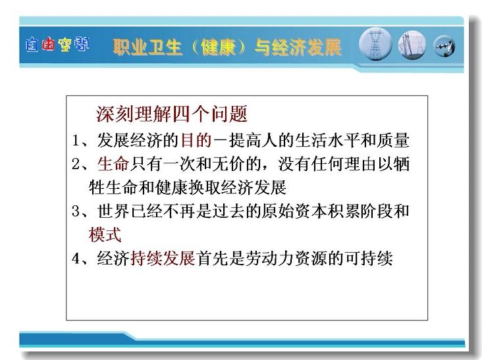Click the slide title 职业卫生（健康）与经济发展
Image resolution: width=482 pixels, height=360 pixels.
227,47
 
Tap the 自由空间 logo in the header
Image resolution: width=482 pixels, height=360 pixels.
57,45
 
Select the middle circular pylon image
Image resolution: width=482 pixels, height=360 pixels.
412,45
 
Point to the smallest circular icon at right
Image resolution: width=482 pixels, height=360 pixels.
444,46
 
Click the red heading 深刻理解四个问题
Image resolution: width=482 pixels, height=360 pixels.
172,114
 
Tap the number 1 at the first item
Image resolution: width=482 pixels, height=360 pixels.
76,140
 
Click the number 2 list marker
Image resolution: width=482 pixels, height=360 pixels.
76,164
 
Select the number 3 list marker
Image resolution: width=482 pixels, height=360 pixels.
76,211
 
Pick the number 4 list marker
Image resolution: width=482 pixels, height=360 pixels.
76,258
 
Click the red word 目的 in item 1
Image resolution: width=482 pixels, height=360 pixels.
196,140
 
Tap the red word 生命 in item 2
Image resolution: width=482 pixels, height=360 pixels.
113,164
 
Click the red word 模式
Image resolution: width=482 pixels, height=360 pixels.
105,235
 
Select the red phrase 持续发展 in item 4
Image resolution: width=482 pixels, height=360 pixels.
163,258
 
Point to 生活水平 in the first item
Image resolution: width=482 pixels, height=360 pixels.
327,140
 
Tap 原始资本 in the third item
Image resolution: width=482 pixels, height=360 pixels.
294,211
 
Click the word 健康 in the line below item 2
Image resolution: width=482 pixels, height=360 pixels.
171,188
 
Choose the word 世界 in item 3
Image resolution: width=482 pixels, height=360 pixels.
113,211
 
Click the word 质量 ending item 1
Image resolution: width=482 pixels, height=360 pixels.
393,140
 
